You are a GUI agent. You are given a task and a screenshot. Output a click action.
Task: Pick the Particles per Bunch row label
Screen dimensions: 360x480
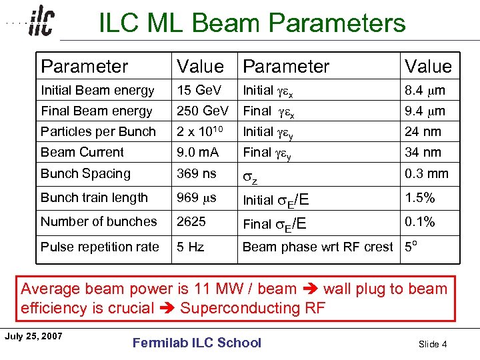pyautogui.click(x=98, y=131)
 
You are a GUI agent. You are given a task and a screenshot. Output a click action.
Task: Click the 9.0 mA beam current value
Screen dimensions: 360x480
pyautogui.click(x=197, y=152)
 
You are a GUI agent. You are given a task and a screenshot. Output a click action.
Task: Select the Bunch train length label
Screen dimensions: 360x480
pyautogui.click(x=94, y=197)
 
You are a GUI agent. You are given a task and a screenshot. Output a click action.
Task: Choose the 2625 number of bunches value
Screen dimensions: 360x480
pyautogui.click(x=191, y=221)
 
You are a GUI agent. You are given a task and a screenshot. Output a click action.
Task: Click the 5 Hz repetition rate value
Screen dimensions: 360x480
pyautogui.click(x=190, y=247)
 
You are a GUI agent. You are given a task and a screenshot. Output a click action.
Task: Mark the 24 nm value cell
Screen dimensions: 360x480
pyautogui.click(x=423, y=131)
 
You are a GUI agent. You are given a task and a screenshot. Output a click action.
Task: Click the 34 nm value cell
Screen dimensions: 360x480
pyautogui.click(x=423, y=152)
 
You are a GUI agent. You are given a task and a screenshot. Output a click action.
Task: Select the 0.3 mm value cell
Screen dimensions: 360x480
pyautogui.click(x=427, y=173)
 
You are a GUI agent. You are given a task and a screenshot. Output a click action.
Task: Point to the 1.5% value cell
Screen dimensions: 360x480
pyautogui.click(x=420, y=197)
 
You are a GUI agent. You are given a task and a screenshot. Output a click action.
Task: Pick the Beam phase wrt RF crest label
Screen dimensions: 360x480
pyautogui.click(x=317, y=247)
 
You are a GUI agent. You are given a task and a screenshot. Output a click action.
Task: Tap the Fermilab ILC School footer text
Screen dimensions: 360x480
pyautogui.click(x=197, y=343)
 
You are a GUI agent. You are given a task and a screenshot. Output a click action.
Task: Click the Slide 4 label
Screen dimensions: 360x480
pyautogui.click(x=432, y=344)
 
